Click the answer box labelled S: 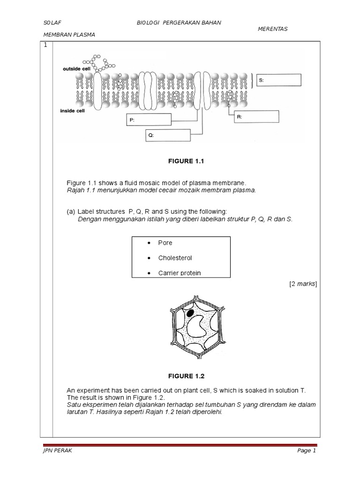(x=278, y=80)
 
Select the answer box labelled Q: (x=168, y=135)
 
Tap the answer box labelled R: (x=256, y=117)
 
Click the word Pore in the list (x=165, y=243)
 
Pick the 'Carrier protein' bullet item (x=179, y=273)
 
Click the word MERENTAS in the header (x=273, y=29)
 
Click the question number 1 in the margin (x=45, y=45)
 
